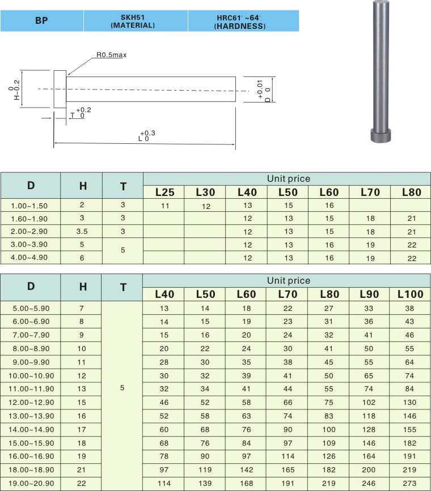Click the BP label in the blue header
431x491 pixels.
click(41, 20)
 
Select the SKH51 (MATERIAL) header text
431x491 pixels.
click(133, 22)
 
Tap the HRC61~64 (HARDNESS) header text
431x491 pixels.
click(240, 22)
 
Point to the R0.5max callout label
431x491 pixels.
click(111, 55)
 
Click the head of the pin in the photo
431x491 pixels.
click(381, 135)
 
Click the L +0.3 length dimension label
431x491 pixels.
click(146, 135)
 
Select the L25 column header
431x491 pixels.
click(164, 192)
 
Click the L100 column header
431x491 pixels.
click(410, 294)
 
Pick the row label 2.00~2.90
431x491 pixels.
click(29, 232)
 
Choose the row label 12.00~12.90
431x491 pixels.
click(31, 403)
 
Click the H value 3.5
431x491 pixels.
click(82, 232)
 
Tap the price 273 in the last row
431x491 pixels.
click(409, 483)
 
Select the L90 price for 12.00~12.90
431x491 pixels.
click(369, 403)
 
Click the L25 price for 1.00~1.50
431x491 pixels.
click(165, 206)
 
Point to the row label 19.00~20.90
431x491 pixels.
click(31, 483)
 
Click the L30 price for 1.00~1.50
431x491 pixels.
click(206, 206)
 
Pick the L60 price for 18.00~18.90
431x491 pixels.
click(246, 469)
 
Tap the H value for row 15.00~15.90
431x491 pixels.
click(82, 443)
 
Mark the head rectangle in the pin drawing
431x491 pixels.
click(60, 89)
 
